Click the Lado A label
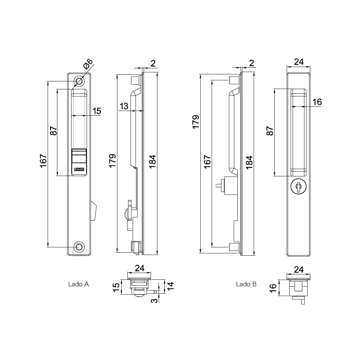(78, 284)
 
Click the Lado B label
(246, 284)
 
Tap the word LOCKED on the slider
(79, 170)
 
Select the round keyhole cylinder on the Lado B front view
(298, 187)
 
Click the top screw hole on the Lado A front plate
(79, 81)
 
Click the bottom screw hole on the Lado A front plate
(79, 247)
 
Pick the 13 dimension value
(124, 106)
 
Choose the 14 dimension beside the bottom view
(170, 286)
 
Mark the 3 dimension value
(154, 301)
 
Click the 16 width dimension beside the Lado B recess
(317, 102)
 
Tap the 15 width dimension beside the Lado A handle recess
(97, 111)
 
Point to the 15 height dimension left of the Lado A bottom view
(116, 287)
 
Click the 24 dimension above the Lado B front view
(299, 62)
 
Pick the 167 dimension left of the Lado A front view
(44, 161)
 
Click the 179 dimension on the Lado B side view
(196, 122)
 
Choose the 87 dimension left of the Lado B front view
(270, 131)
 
